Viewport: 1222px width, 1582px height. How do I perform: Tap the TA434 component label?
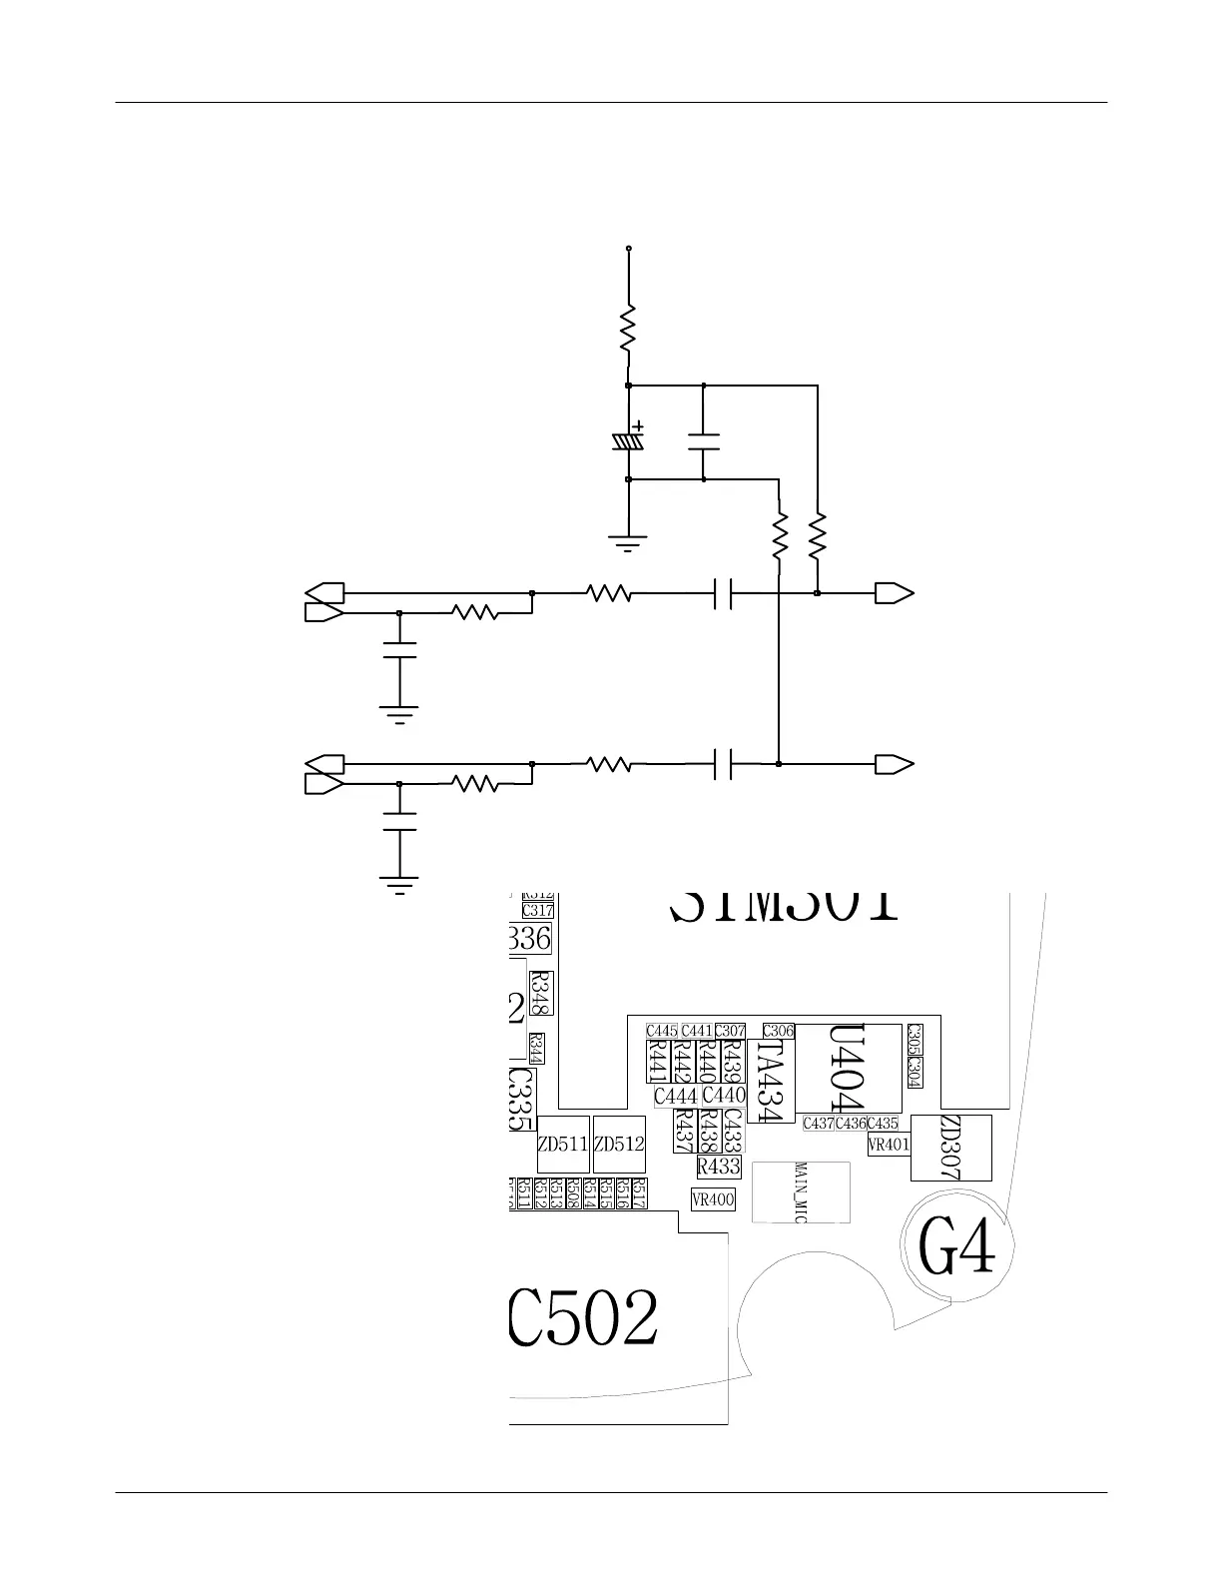coord(770,1082)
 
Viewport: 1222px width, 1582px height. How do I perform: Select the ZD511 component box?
coord(562,1145)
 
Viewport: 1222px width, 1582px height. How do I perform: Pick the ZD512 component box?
coord(619,1145)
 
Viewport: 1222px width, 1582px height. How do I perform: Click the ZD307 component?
coord(951,1148)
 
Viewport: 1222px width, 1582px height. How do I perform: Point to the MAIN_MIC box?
coord(801,1191)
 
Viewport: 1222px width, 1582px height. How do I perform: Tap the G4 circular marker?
coord(957,1247)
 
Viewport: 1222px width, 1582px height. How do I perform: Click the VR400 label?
coord(713,1199)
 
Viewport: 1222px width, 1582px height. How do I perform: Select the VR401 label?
coord(889,1146)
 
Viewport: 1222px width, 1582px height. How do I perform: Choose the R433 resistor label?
coord(719,1166)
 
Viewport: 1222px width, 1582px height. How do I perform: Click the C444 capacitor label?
coord(676,1097)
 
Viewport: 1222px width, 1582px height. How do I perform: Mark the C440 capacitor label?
coord(724,1096)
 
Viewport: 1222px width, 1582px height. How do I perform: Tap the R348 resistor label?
coord(541,993)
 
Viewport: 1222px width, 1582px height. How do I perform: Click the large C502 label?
coord(584,1320)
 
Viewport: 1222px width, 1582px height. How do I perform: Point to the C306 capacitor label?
coord(779,1031)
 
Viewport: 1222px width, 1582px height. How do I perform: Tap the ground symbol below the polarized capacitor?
coord(628,543)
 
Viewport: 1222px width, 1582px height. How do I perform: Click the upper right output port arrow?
coord(895,593)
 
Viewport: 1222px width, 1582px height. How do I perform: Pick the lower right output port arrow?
coord(895,765)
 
